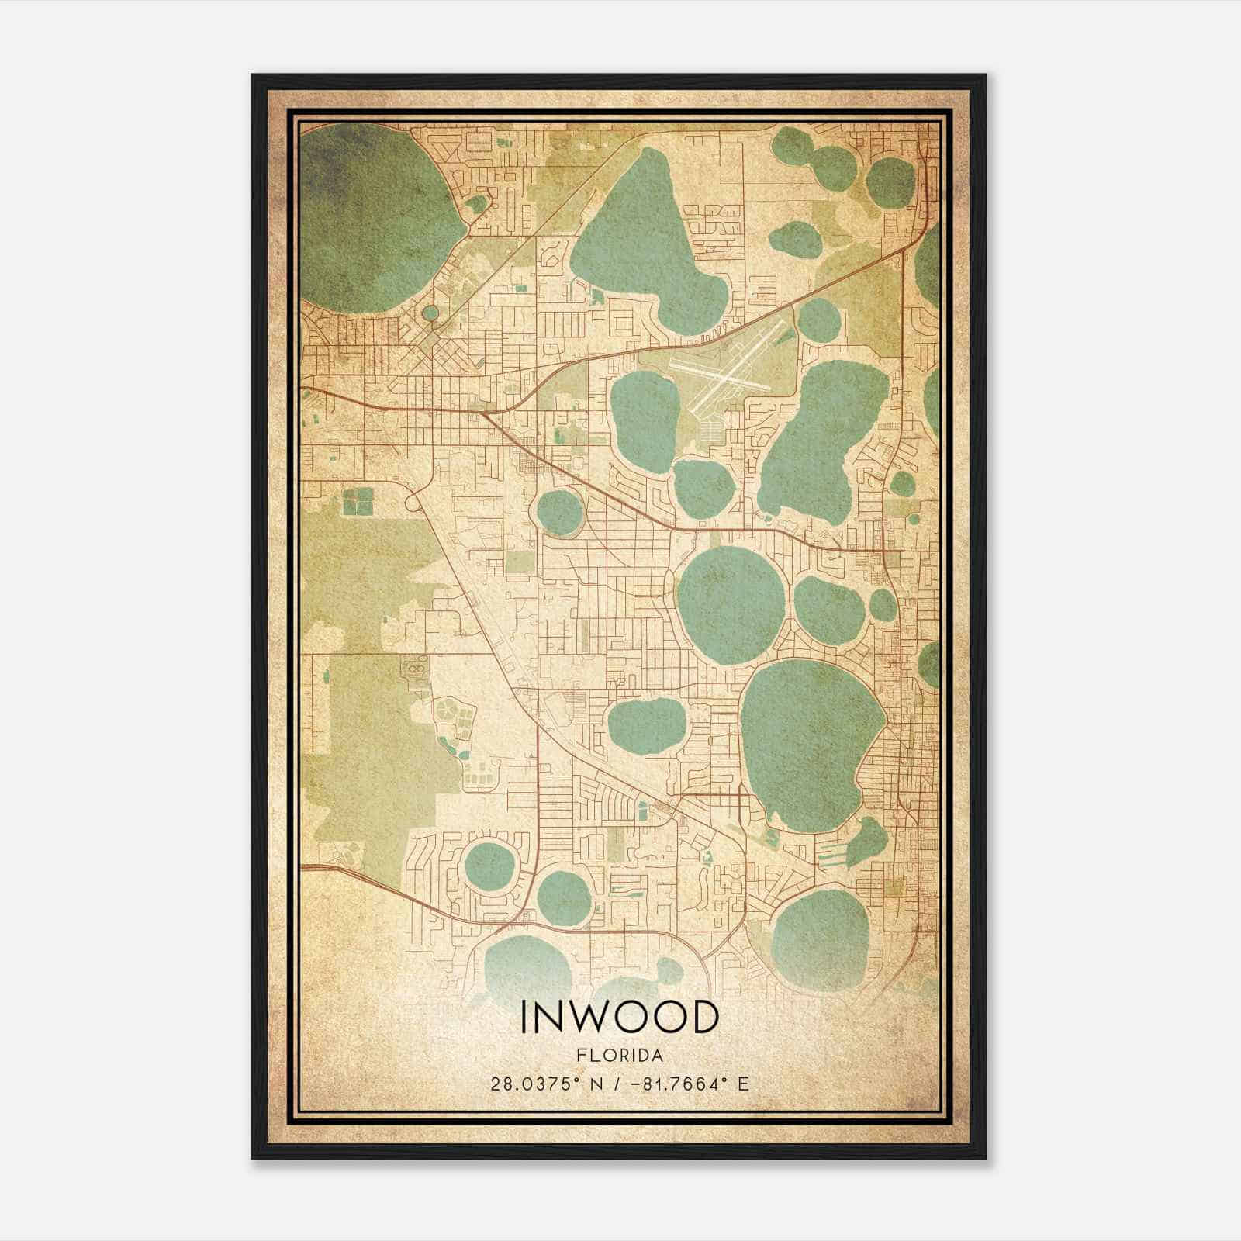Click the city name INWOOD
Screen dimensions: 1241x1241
tap(620, 1018)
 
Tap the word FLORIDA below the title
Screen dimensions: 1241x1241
tap(620, 1056)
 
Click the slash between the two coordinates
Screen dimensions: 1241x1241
tap(615, 1084)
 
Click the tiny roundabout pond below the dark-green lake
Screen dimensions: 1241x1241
tap(430, 313)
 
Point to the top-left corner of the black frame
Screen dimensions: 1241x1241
tap(253, 75)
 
